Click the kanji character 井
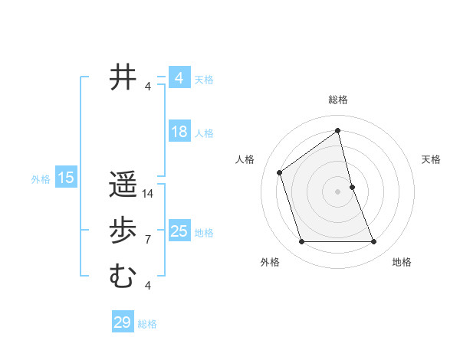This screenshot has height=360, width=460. pyautogui.click(x=123, y=78)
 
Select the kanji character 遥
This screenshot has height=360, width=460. pyautogui.click(x=123, y=185)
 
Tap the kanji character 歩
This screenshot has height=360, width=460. pyautogui.click(x=123, y=231)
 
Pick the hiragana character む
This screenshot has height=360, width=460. pyautogui.click(x=123, y=277)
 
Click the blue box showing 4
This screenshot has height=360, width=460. pyautogui.click(x=179, y=78)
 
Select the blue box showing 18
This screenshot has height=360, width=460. pyautogui.click(x=179, y=132)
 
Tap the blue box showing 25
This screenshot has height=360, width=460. pyautogui.click(x=179, y=231)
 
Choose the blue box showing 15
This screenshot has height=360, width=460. pyautogui.click(x=65, y=178)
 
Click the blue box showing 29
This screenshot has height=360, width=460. pyautogui.click(x=123, y=322)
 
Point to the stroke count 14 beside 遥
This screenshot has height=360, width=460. pyautogui.click(x=149, y=194)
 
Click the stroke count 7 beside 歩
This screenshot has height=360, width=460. pyautogui.click(x=148, y=240)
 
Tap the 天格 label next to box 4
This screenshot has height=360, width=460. pyautogui.click(x=204, y=79)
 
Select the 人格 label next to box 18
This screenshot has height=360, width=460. pyautogui.click(x=204, y=133)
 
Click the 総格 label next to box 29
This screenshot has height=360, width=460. pyautogui.click(x=148, y=324)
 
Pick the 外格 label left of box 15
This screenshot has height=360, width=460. pyautogui.click(x=41, y=179)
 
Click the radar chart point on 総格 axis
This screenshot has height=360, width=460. pyautogui.click(x=337, y=130)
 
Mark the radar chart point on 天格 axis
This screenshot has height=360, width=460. pyautogui.click(x=352, y=186)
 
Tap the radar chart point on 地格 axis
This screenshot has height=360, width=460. pyautogui.click(x=374, y=242)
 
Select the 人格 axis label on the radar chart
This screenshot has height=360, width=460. pyautogui.click(x=245, y=159)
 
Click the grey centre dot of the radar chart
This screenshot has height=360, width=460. pyautogui.click(x=337, y=191)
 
